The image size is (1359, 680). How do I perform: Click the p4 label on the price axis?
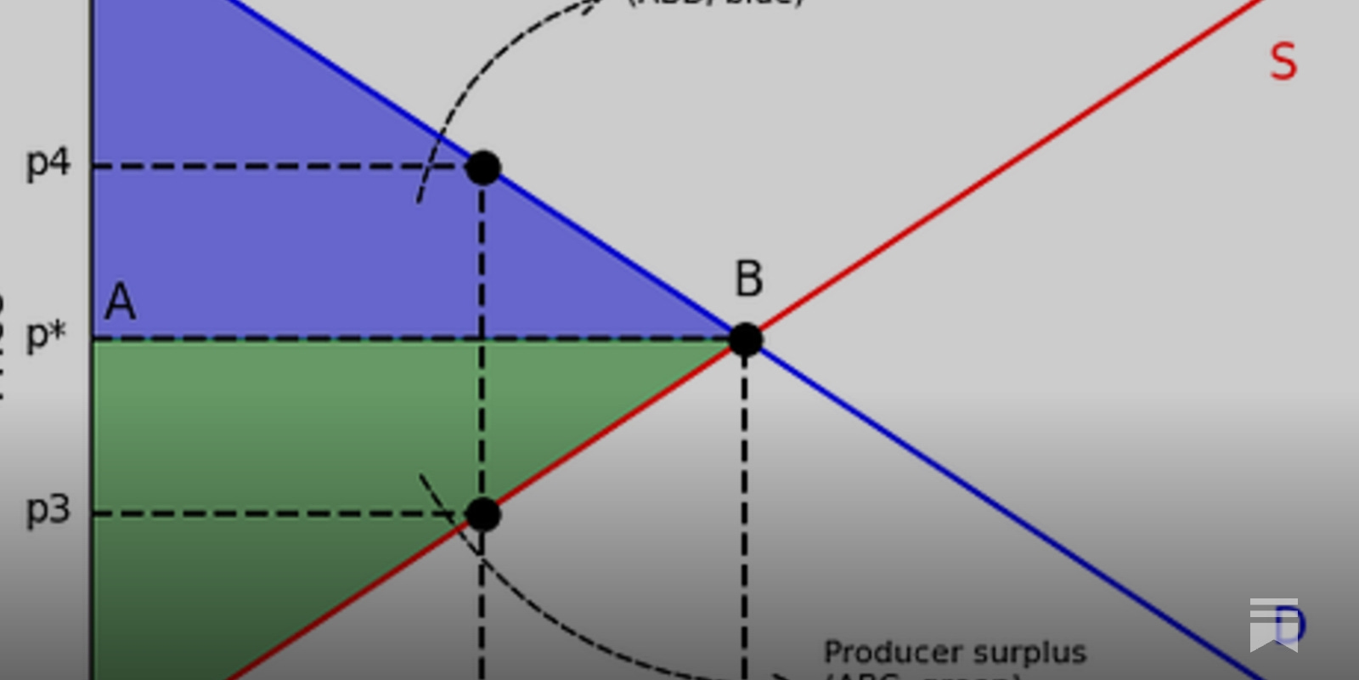(48, 162)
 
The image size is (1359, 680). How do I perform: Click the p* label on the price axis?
(47, 336)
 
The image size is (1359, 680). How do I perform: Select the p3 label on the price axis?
(48, 509)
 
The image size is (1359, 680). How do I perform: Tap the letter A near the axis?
(120, 302)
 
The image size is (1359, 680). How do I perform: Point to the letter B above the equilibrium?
(748, 279)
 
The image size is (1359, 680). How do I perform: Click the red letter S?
(1283, 62)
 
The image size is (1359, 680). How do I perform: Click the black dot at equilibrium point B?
(746, 340)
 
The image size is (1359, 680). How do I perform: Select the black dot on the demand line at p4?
(483, 167)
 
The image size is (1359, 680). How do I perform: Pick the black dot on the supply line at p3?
(483, 514)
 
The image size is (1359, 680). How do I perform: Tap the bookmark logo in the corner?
(1273, 625)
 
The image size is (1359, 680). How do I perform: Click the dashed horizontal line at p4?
(280, 167)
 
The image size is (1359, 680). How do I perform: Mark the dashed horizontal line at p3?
(280, 513)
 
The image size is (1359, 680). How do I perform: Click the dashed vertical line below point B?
(745, 510)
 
